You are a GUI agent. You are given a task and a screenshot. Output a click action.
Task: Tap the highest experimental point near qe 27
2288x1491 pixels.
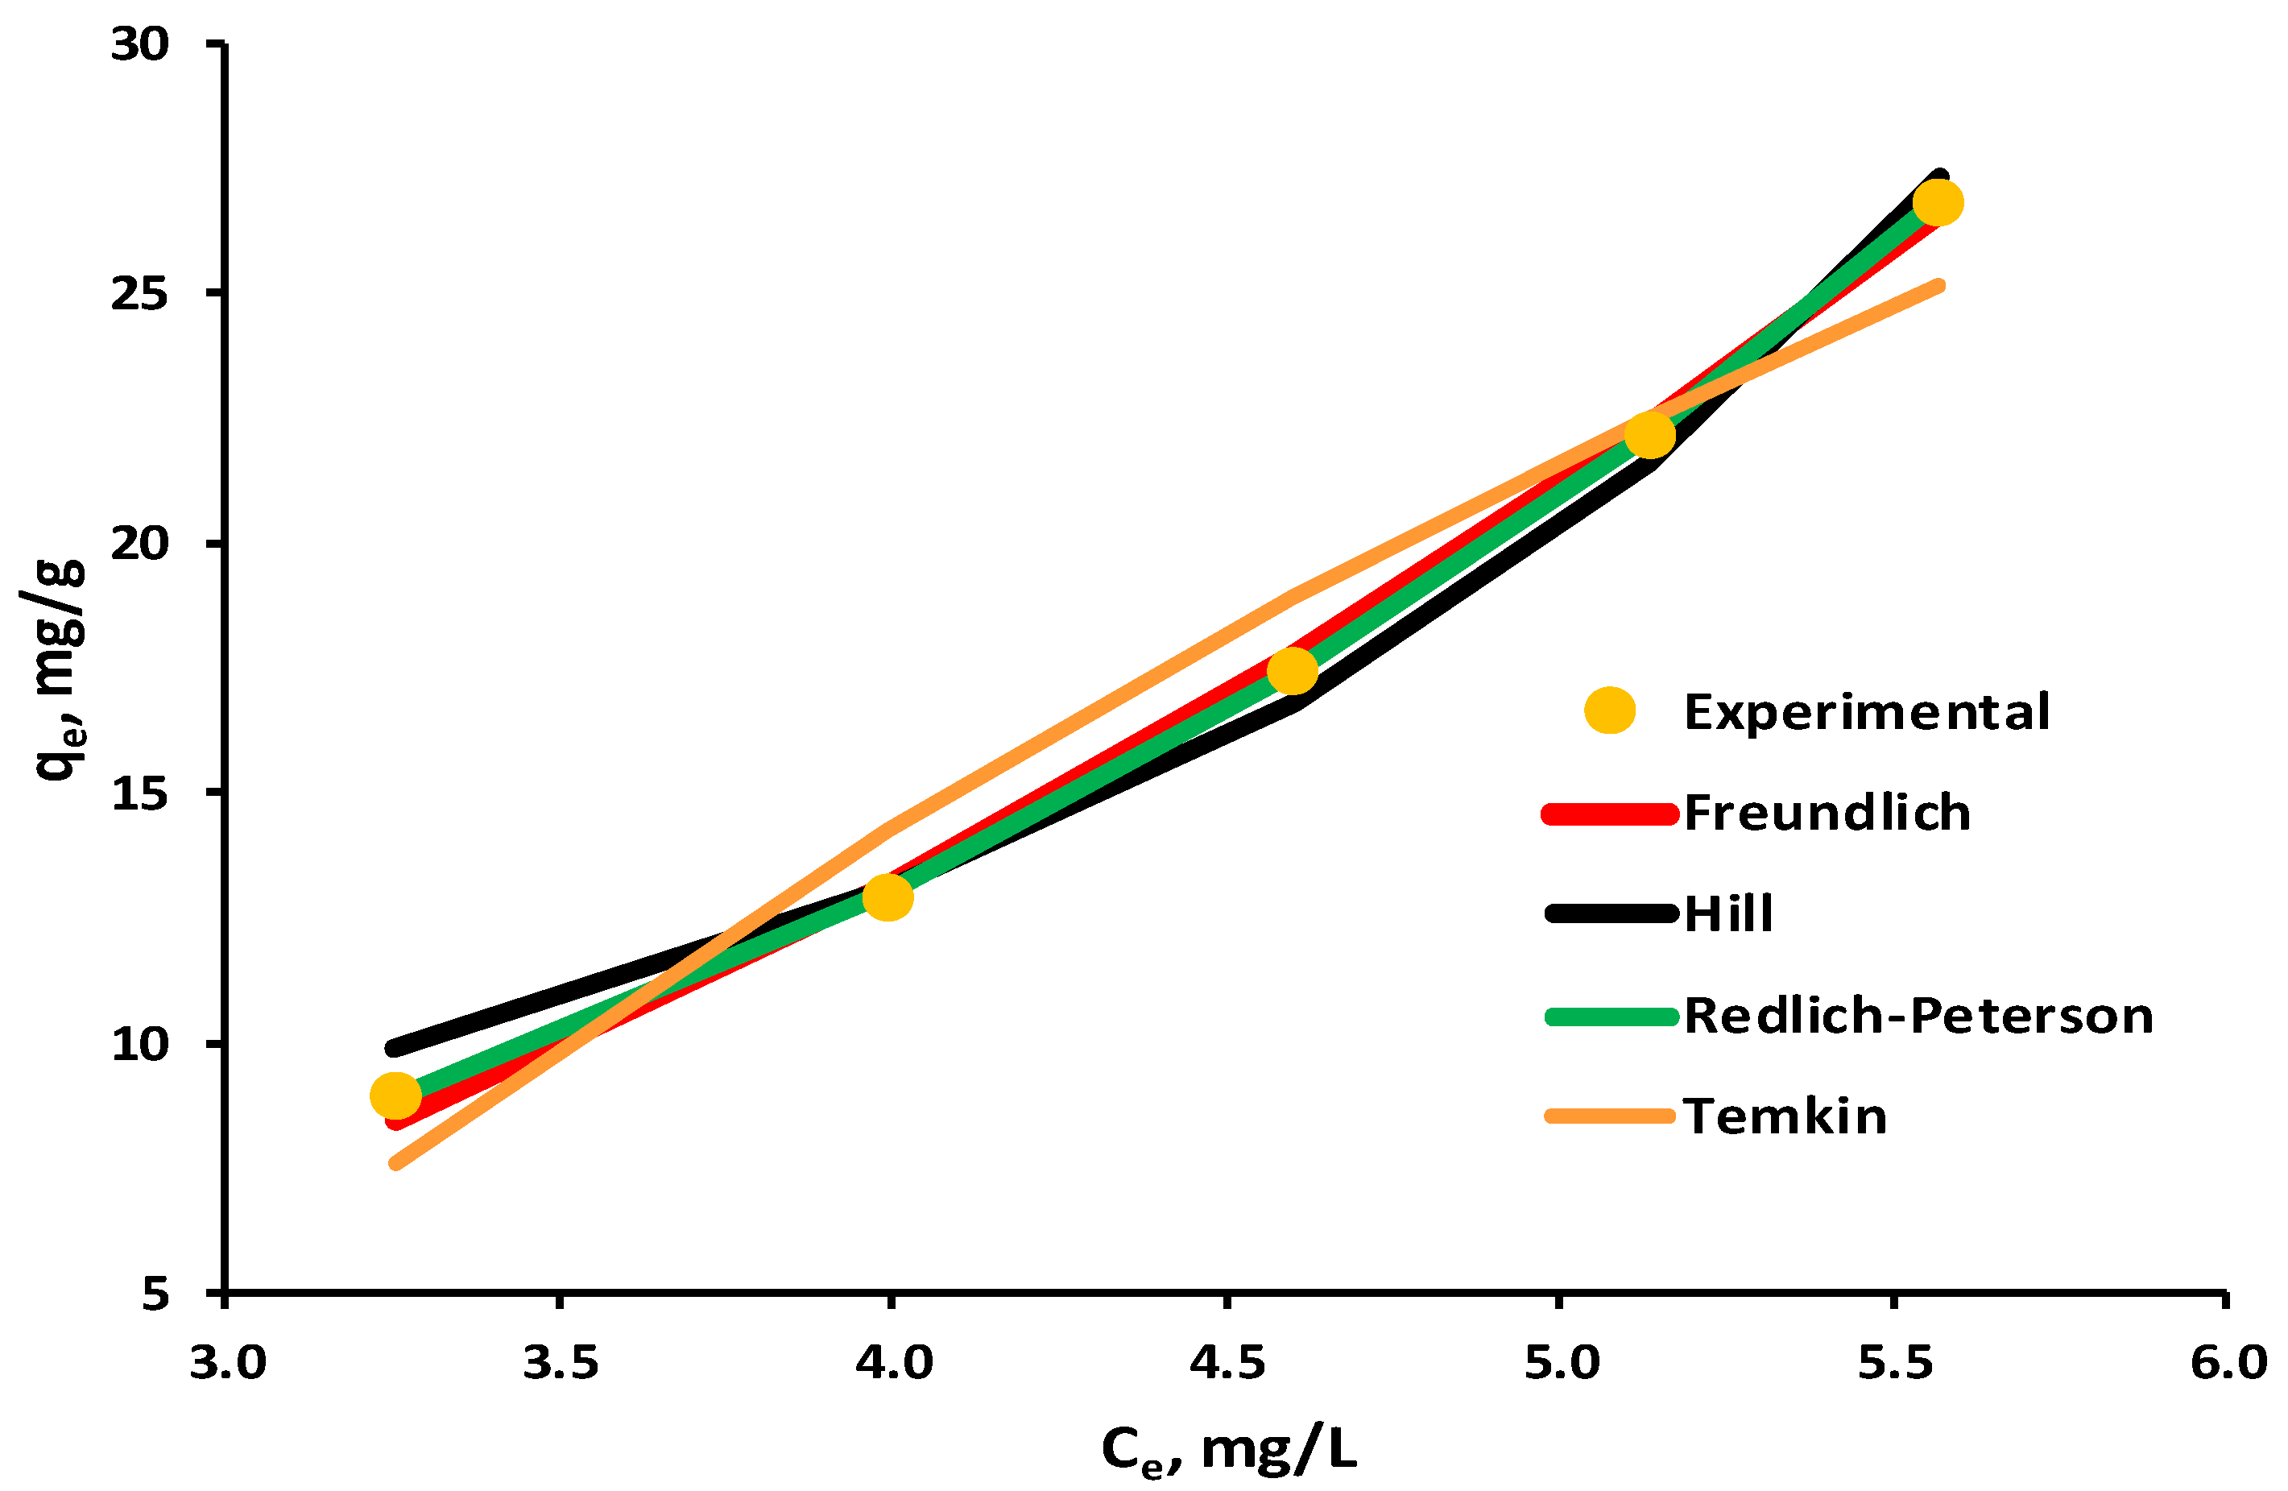(1937, 202)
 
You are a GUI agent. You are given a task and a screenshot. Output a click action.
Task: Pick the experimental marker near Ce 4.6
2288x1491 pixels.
(1292, 670)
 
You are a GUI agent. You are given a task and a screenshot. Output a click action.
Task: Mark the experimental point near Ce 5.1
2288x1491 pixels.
(1649, 434)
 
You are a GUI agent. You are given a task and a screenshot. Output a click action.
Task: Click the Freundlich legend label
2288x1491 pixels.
(1827, 812)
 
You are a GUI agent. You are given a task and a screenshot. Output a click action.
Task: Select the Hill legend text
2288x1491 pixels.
(1727, 913)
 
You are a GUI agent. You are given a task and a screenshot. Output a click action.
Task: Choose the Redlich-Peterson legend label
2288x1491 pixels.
(1918, 1015)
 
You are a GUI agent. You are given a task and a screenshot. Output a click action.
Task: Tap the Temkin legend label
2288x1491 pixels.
(1785, 1116)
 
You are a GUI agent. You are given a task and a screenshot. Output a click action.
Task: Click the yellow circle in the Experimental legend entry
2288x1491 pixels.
(1609, 710)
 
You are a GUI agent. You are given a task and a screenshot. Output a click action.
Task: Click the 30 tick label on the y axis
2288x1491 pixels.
(139, 44)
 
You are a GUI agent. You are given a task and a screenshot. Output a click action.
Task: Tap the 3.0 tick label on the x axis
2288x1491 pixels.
(227, 1363)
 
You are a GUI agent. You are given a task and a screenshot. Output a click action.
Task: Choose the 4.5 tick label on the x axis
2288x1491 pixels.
(1227, 1363)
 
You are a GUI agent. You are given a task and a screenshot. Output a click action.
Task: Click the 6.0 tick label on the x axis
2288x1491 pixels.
(2228, 1363)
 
